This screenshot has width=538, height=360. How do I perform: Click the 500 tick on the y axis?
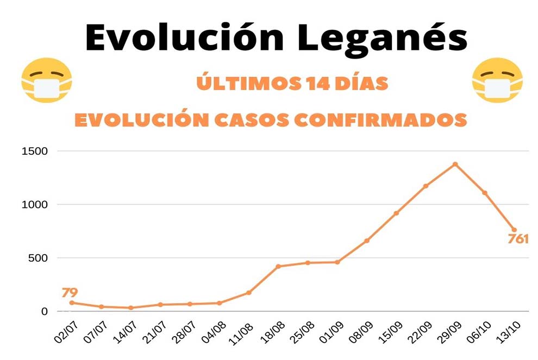(x=40, y=258)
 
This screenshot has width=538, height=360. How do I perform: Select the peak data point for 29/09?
(x=455, y=164)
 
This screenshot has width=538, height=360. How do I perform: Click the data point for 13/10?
(x=514, y=230)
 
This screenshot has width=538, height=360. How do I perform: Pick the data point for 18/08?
(x=278, y=266)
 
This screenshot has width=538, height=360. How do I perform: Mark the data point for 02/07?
(x=72, y=302)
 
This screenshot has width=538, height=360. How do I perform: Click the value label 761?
(x=518, y=239)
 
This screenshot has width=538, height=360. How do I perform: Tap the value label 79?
(x=70, y=293)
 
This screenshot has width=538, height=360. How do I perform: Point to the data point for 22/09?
(x=426, y=186)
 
